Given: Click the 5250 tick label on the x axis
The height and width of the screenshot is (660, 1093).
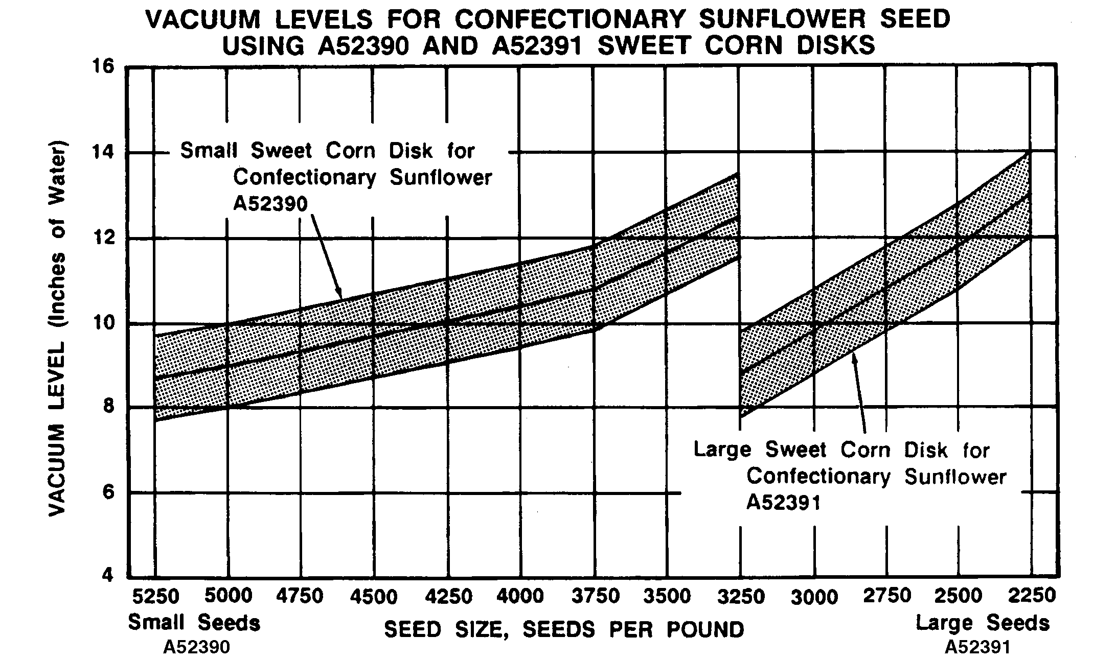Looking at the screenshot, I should coord(155,596).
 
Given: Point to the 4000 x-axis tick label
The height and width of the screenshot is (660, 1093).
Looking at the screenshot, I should coord(520,596).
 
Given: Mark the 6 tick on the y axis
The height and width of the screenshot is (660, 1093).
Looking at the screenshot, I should coord(108,492).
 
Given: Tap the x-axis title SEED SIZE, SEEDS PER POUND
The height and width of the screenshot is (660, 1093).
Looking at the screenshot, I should coord(564,629).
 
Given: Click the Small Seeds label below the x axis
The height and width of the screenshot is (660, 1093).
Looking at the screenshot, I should coord(194,623).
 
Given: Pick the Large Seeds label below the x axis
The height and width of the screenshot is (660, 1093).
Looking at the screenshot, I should coord(982,623).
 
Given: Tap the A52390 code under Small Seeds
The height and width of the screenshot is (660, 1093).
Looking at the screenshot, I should coord(196,648).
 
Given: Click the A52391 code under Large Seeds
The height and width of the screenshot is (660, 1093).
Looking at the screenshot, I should coord(977,648).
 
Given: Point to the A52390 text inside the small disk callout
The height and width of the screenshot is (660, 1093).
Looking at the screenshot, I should coord(270,204).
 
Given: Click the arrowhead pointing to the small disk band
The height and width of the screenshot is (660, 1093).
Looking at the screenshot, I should coord(338,294).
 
